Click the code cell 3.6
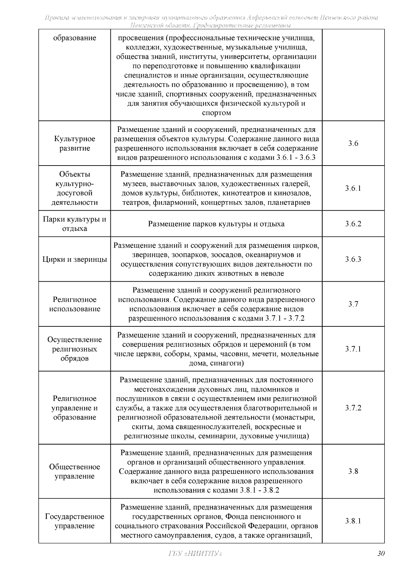tap(353, 144)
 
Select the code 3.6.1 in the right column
tap(353, 188)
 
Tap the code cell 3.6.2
tap(353, 224)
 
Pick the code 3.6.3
tap(353, 259)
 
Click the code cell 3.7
tap(353, 304)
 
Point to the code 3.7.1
tap(353, 349)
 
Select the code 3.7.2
tap(353, 408)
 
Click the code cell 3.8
tap(353, 471)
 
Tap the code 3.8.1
tap(353, 521)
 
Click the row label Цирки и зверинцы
tap(75, 259)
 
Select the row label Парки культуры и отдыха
tap(75, 224)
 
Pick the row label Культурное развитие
tap(75, 144)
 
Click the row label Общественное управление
tap(75, 471)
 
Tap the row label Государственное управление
tap(75, 521)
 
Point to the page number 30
tap(381, 554)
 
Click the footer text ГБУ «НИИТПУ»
tap(194, 554)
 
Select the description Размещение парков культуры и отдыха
tap(216, 224)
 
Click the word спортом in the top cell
tap(216, 113)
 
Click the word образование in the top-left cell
tap(75, 38)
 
